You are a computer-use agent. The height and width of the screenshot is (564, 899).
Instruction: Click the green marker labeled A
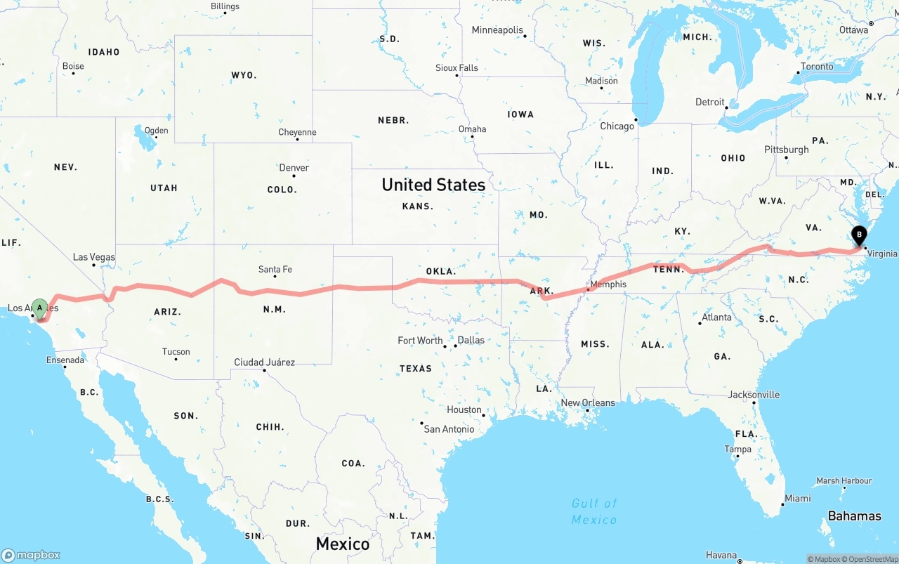[40, 308]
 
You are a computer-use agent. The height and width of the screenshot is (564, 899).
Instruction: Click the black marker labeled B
[858, 236]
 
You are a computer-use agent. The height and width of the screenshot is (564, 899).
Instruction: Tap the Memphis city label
[608, 284]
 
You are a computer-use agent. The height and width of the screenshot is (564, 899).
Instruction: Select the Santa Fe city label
[275, 269]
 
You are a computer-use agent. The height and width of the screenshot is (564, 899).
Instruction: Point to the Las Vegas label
[93, 257]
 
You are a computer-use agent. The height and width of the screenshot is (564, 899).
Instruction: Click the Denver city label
[294, 168]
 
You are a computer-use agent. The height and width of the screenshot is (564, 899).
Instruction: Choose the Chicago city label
[617, 126]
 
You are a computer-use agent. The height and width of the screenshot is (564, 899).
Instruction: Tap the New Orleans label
[588, 402]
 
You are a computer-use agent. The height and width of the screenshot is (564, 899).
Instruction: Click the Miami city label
[797, 498]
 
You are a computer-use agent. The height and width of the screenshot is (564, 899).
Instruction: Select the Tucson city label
[176, 352]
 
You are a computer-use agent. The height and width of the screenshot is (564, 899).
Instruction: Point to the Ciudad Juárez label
[264, 362]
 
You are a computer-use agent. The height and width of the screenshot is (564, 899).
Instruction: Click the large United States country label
[433, 185]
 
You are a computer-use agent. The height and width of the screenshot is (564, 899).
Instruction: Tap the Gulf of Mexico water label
[594, 511]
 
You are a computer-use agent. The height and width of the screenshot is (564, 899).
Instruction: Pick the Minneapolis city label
[497, 30]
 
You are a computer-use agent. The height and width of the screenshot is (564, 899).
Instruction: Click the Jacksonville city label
[754, 395]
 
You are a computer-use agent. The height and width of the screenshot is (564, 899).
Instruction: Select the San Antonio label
[449, 428]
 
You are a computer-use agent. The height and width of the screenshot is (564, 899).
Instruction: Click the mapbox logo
[31, 555]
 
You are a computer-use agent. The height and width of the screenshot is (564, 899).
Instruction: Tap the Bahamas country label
[854, 516]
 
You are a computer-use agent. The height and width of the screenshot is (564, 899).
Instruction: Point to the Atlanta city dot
[700, 323]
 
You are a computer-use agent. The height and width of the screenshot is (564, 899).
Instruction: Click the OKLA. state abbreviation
[440, 271]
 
